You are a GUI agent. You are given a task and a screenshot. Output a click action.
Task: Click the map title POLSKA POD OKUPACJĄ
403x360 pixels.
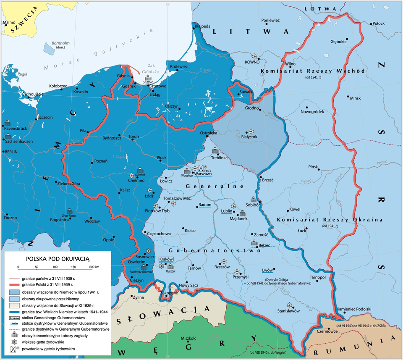coord(58,259)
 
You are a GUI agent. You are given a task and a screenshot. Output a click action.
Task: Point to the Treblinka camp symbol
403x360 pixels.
coord(216,151)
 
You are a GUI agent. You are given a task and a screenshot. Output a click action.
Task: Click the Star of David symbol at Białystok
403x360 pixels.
coord(251,131)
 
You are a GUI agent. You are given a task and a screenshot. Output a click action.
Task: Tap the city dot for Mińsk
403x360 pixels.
coord(348,97)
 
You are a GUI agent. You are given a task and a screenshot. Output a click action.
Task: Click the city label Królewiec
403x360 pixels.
coord(179,67)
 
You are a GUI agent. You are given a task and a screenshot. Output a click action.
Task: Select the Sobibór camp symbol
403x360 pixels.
coord(253,200)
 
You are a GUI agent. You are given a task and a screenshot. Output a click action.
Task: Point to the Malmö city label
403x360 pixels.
coord(10,23)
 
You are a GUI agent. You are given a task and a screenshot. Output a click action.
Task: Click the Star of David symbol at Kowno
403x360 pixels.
coord(254,56)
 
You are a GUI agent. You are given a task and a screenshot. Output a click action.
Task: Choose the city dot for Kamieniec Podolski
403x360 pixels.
coord(345,313)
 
